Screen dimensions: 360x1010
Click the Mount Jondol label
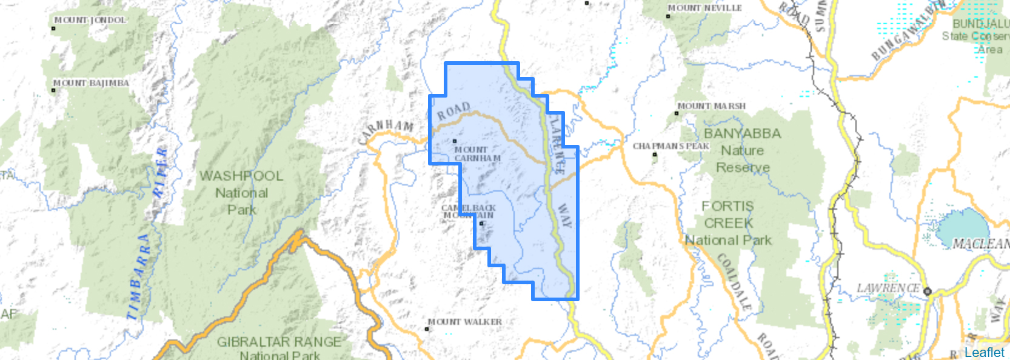click(x=90, y=20)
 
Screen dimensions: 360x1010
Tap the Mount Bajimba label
click(x=92, y=83)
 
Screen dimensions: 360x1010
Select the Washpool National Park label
click(x=241, y=193)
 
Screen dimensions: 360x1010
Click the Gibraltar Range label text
click(x=279, y=342)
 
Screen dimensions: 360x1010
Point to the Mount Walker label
click(x=466, y=322)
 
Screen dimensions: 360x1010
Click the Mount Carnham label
click(x=477, y=154)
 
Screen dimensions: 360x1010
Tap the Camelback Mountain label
click(x=469, y=212)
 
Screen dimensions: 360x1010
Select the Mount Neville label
click(x=704, y=8)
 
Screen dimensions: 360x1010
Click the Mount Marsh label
click(x=712, y=106)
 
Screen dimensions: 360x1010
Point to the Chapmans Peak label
click(x=671, y=146)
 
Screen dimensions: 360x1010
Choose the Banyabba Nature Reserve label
click(x=743, y=150)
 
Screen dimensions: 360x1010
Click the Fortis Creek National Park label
click(x=728, y=223)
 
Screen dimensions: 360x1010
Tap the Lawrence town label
click(x=888, y=288)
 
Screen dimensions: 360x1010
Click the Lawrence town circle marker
click(x=927, y=292)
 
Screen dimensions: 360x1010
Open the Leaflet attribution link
click(x=984, y=352)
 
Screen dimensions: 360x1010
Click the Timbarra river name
click(x=139, y=276)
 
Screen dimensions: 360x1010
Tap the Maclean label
click(x=980, y=244)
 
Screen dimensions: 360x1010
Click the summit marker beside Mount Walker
click(x=427, y=329)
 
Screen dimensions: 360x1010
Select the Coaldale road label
click(x=735, y=282)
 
